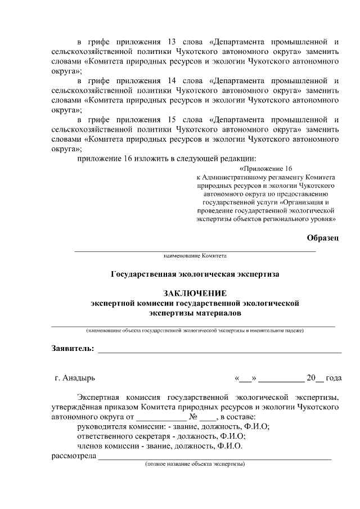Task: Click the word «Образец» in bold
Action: (323, 238)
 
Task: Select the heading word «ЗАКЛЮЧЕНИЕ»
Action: (195, 293)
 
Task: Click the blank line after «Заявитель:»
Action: (219, 350)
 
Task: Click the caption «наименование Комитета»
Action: (195, 256)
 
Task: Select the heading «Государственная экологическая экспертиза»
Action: (195, 274)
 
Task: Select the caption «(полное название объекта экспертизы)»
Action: (195, 465)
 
